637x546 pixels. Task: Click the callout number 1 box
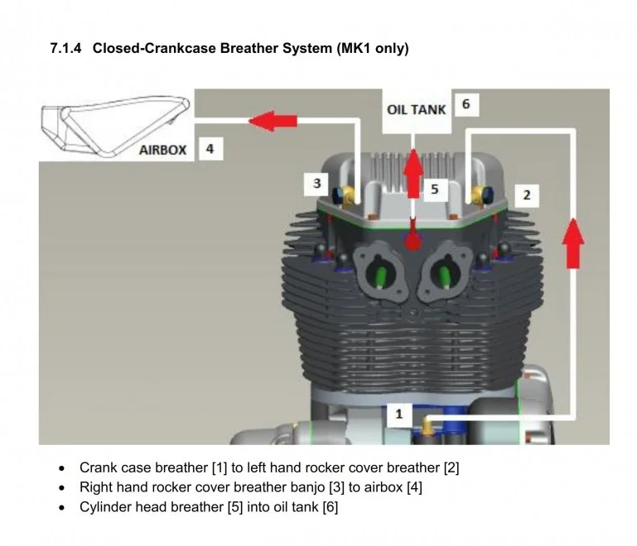[398, 413]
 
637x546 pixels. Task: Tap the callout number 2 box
[526, 195]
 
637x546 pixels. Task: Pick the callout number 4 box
[210, 149]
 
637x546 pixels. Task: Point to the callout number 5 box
[434, 189]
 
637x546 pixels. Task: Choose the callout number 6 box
[466, 104]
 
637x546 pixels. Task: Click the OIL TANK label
[416, 109]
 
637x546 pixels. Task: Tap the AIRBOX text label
[162, 151]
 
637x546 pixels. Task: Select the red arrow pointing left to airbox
[273, 121]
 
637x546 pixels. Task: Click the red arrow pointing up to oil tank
[413, 170]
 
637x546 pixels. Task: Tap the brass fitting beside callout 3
[350, 194]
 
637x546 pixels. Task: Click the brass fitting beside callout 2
[477, 195]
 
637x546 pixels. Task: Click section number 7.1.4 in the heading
[66, 48]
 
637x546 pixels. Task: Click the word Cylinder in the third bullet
[105, 507]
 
